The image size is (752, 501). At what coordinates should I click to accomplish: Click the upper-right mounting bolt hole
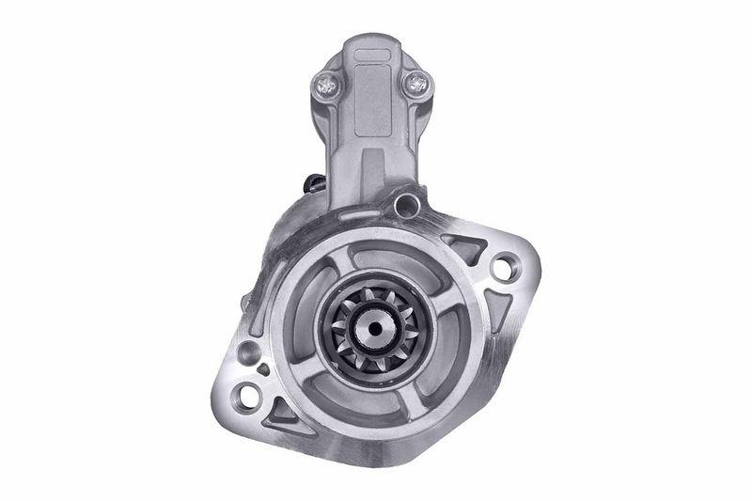coord(502,268)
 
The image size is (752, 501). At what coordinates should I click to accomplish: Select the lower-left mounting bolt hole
coord(247,392)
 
